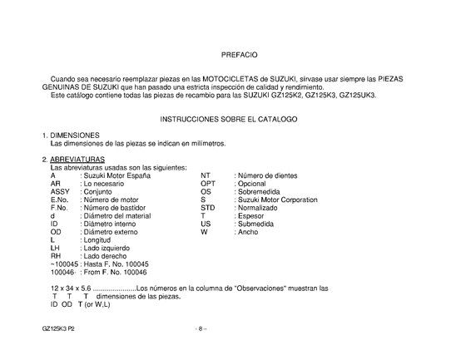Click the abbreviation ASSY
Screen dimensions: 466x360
[60, 191]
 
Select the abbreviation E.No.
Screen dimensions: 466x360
[59, 200]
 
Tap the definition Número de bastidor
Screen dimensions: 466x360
[116, 208]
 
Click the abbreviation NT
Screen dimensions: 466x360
[206, 175]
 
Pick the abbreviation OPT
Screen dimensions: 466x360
[208, 184]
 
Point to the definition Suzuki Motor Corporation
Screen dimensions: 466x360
[276, 200]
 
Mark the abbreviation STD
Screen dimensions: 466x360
[208, 208]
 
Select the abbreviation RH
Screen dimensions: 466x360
[56, 256]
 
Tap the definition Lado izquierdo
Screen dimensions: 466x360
[109, 248]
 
